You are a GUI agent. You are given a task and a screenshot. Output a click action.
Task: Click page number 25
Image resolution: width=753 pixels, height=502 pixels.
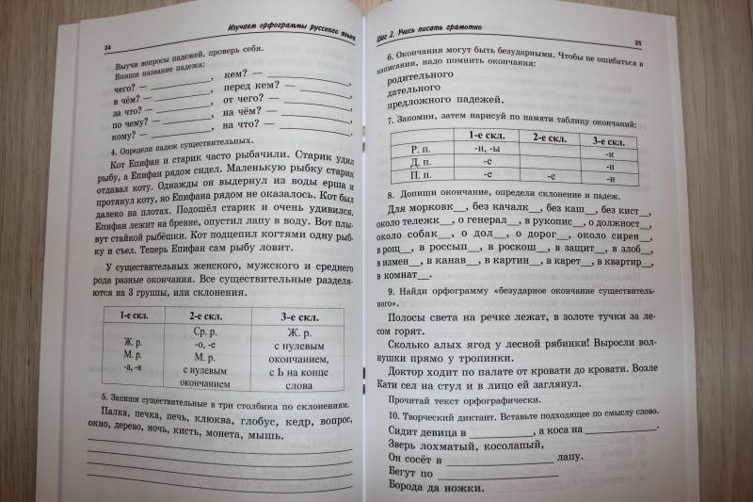[636, 41]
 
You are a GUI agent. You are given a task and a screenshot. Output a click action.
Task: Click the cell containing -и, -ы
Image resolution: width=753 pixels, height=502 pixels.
[487, 148]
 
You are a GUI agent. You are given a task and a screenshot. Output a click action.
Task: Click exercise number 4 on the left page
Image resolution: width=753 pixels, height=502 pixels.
[113, 152]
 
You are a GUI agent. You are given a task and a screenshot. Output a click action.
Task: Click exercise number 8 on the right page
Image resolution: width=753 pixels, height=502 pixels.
[390, 194]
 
